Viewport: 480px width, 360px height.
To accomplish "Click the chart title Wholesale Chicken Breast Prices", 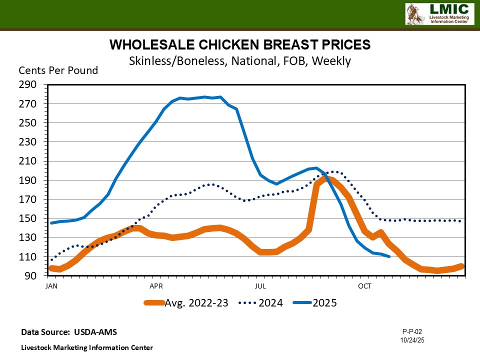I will [240, 45].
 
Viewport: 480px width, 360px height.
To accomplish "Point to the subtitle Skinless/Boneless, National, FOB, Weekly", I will [240, 61].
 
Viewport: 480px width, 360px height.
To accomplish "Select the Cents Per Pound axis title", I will [58, 70].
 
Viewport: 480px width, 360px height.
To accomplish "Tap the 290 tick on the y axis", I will [28, 85].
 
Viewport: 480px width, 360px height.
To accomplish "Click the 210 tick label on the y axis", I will [28, 161].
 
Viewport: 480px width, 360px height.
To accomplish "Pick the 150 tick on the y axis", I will [28, 218].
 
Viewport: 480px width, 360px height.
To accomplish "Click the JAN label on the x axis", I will [50, 286].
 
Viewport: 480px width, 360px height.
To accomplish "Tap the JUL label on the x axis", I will [260, 286].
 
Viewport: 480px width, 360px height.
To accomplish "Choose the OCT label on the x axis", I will [365, 286].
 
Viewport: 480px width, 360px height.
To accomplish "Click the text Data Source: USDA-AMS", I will [69, 332].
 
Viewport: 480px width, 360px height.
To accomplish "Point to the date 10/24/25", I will [412, 340].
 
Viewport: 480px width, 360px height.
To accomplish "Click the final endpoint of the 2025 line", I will [389, 256].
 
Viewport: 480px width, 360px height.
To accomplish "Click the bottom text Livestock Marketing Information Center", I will [87, 347].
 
